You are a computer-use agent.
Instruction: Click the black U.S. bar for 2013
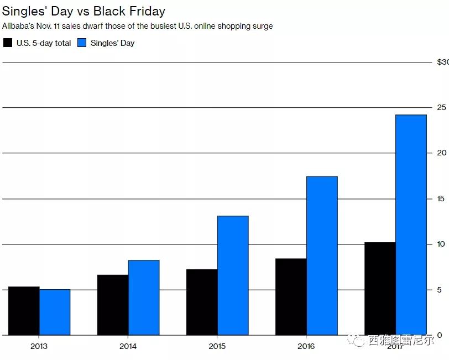[24, 311]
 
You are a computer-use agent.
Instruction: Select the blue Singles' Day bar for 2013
[55, 312]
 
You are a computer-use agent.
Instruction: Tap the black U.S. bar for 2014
[113, 305]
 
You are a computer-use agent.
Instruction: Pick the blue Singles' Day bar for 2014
[144, 298]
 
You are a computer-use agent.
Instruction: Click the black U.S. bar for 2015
[202, 302]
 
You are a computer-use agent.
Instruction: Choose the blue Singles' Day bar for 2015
[233, 275]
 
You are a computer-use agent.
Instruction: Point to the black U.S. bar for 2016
[291, 296]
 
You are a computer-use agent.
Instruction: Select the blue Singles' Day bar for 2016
[322, 255]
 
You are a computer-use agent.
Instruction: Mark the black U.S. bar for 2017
[380, 289]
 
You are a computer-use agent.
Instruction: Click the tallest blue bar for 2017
[411, 225]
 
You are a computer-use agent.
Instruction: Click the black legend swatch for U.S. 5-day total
[8, 43]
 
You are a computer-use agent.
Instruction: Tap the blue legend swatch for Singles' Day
[82, 43]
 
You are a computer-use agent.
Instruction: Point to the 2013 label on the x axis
[39, 346]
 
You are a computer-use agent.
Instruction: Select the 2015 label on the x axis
[217, 346]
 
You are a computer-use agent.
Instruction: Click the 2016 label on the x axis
[306, 346]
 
